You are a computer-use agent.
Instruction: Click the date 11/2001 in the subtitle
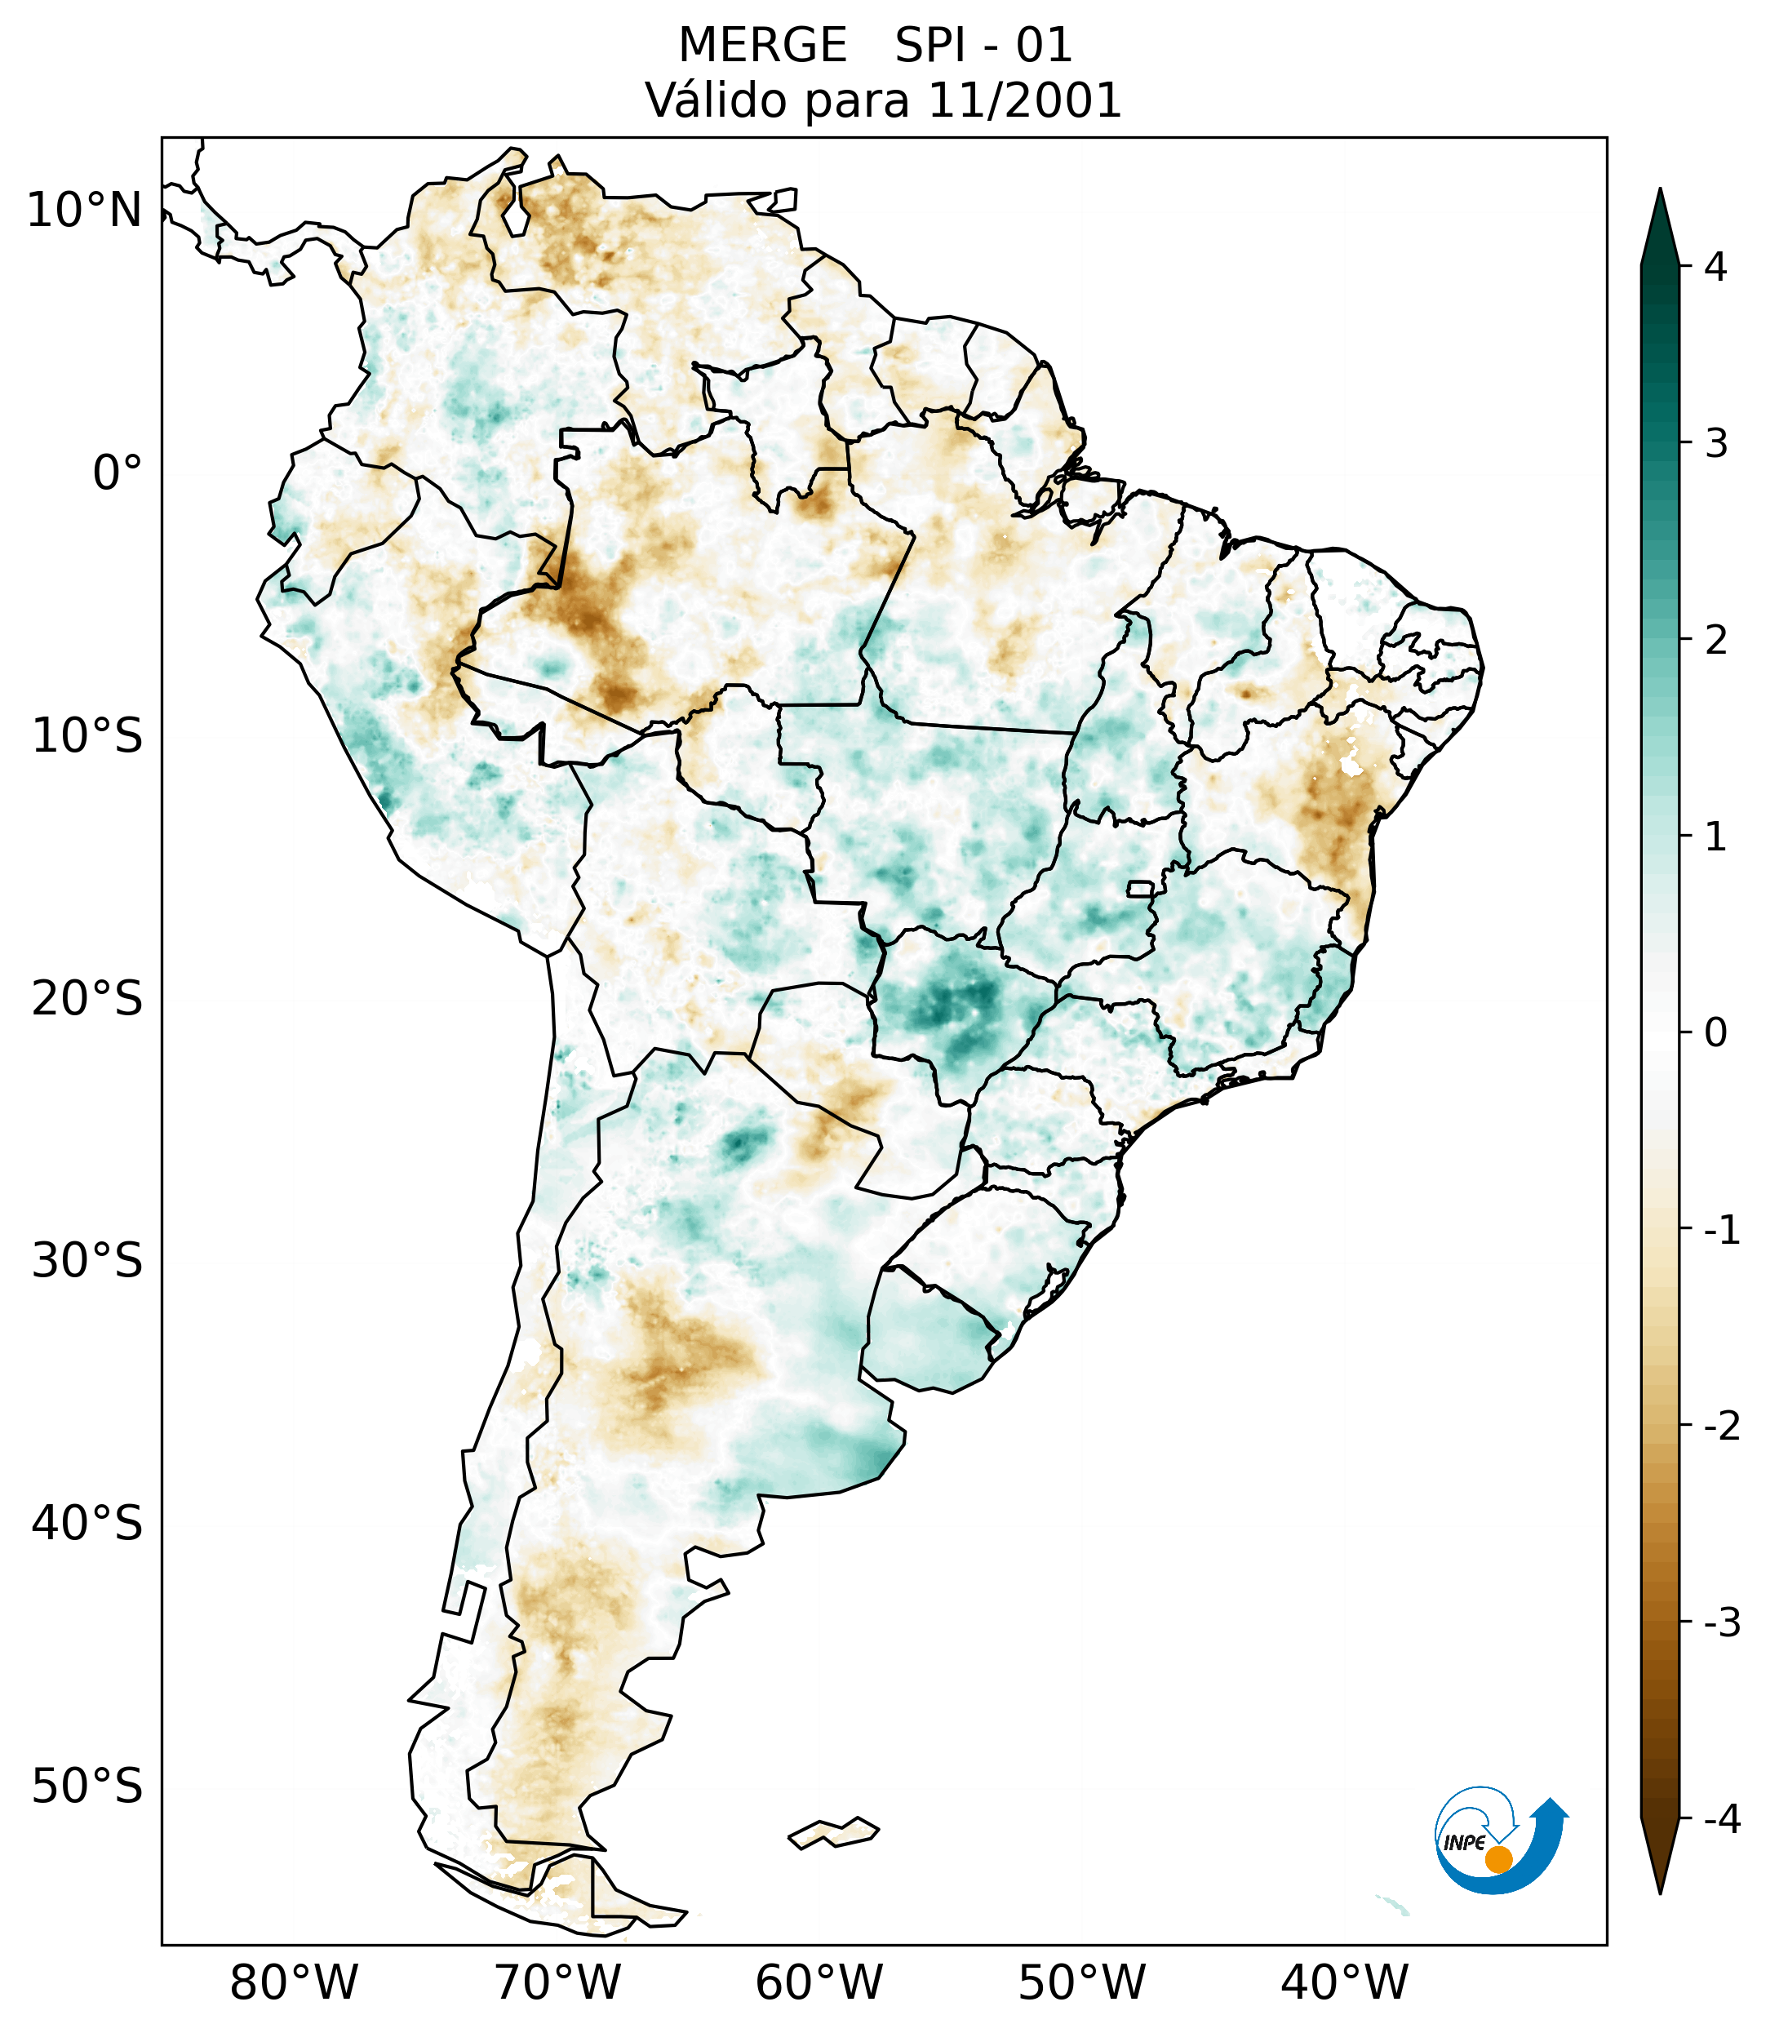click(x=1023, y=100)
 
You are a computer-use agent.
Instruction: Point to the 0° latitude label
click(x=118, y=473)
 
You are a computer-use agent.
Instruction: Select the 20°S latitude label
click(x=87, y=999)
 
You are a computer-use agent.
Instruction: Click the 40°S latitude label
click(x=87, y=1524)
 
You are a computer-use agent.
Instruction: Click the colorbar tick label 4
click(x=1715, y=267)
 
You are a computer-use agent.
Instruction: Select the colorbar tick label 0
click(x=1715, y=1033)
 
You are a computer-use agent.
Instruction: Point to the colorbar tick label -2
click(x=1721, y=1427)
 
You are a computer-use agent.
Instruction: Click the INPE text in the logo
click(x=1464, y=1843)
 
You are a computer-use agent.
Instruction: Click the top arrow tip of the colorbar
click(x=1659, y=192)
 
